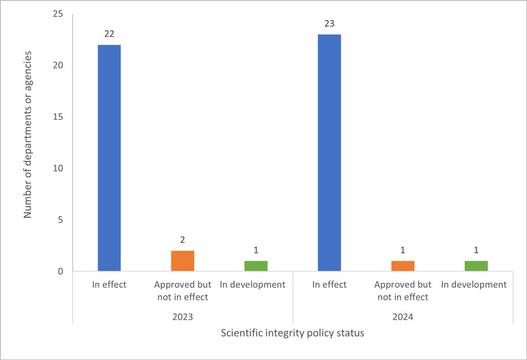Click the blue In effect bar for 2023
point(109,158)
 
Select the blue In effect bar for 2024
point(330,153)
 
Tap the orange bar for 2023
point(183,261)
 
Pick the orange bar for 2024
point(403,266)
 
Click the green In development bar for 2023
point(256,266)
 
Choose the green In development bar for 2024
point(476,266)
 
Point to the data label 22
point(109,34)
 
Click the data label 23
point(330,24)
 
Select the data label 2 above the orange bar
point(183,240)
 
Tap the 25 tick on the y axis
point(58,14)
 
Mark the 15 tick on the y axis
point(58,117)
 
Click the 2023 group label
point(183,317)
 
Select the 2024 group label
point(403,317)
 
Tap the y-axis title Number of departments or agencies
point(28,135)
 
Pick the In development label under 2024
point(474,285)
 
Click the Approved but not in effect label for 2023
point(183,291)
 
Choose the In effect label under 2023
point(109,285)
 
